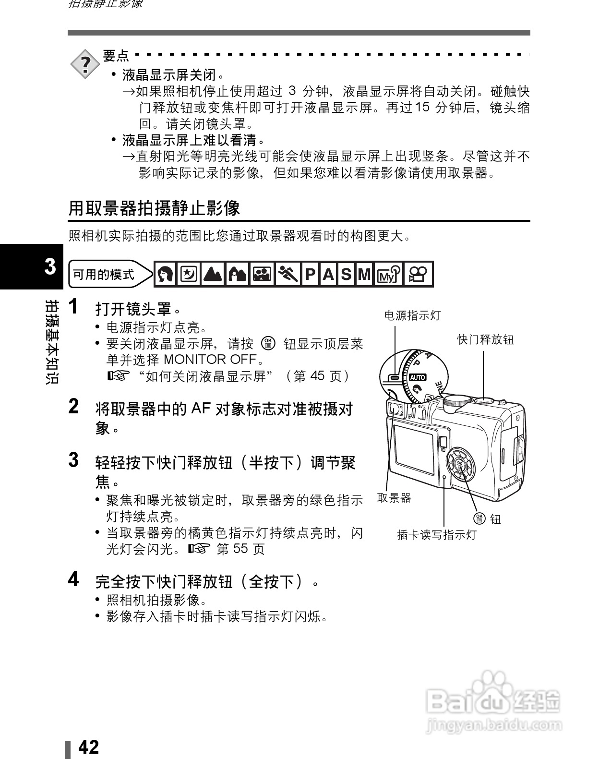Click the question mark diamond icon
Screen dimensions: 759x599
click(x=85, y=63)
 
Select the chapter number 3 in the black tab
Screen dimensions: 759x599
click(x=50, y=266)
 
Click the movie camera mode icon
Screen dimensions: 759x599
click(x=419, y=274)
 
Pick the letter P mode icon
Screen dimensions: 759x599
click(x=310, y=274)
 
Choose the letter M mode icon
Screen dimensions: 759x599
click(x=364, y=274)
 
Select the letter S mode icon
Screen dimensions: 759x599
click(x=346, y=274)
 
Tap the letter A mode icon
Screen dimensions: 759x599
click(x=328, y=274)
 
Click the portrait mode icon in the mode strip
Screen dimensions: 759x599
click(x=166, y=274)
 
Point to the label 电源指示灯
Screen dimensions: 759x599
click(x=412, y=315)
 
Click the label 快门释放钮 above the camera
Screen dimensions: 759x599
click(x=485, y=340)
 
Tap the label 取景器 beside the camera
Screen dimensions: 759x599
click(x=394, y=498)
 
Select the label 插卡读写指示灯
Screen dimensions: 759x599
click(x=437, y=534)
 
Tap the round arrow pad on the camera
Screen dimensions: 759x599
click(x=459, y=463)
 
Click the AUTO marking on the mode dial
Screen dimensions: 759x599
click(x=418, y=377)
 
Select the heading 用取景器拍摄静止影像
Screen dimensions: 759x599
click(x=154, y=208)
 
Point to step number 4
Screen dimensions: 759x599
click(x=73, y=580)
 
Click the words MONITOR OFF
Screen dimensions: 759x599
click(x=213, y=360)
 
